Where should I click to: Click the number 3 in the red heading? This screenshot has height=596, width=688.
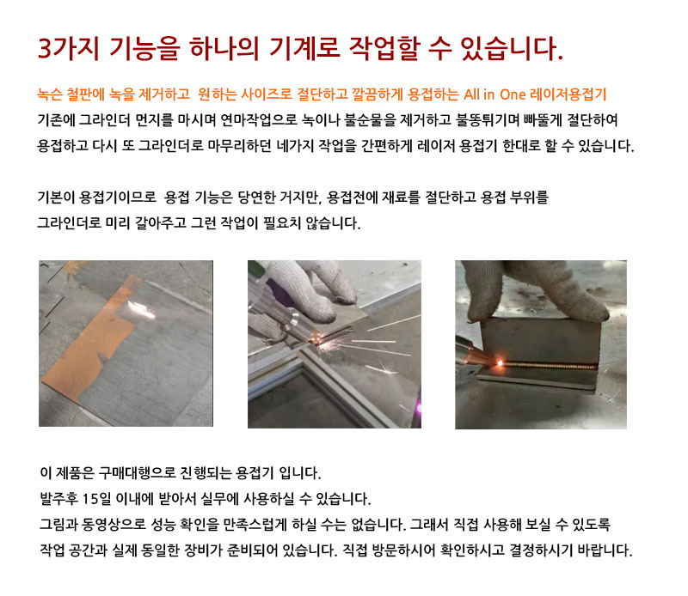46,48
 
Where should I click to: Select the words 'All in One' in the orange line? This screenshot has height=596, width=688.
494,94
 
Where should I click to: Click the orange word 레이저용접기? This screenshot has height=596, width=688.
568,94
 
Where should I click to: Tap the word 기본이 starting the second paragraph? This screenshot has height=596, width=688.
56,198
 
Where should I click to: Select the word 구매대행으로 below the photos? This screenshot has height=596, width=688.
137,473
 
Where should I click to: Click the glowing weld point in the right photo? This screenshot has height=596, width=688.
500,363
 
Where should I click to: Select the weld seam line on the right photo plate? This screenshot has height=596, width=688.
549,365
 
